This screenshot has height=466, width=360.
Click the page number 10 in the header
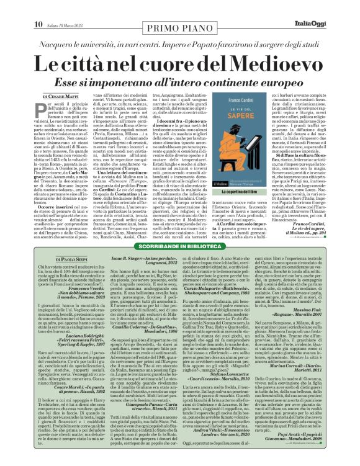tap(37, 7)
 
